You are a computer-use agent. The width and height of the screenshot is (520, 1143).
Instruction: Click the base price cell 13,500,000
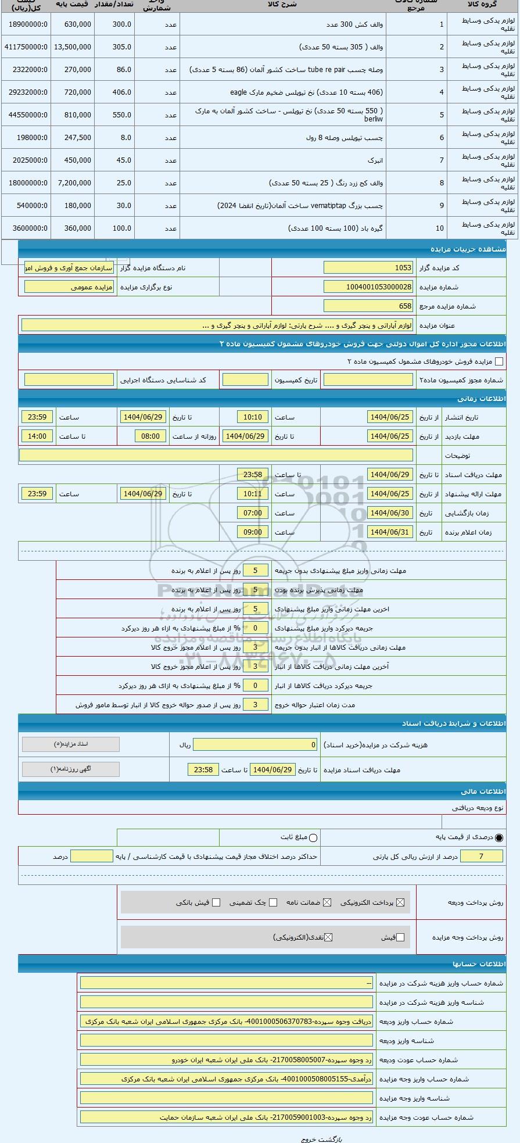(x=72, y=47)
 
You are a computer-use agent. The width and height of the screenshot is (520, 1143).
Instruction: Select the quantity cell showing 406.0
(x=115, y=92)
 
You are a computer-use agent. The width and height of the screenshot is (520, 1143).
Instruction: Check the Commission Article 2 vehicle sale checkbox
(x=499, y=361)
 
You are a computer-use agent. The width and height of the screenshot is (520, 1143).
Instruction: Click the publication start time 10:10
(x=253, y=417)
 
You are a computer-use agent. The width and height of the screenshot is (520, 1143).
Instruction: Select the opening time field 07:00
(x=253, y=513)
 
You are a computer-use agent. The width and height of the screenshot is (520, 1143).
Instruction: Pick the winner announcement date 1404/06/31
(x=390, y=532)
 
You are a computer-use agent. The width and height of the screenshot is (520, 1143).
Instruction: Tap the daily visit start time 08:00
(x=150, y=436)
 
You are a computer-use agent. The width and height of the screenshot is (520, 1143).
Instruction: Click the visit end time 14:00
(x=37, y=436)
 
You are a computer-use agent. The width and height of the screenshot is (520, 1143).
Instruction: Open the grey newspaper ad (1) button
(x=71, y=769)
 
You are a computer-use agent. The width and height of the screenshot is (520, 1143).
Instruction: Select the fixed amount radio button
(x=314, y=838)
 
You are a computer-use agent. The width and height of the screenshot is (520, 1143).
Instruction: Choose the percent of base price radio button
(x=499, y=838)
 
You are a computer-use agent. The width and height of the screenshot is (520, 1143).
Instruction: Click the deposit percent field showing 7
(x=481, y=857)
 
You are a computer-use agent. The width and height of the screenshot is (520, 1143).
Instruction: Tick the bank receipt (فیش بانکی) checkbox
(x=216, y=902)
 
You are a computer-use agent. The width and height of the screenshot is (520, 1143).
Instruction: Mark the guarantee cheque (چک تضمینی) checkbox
(x=273, y=902)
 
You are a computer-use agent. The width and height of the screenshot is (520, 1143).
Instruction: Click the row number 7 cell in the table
(x=442, y=160)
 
